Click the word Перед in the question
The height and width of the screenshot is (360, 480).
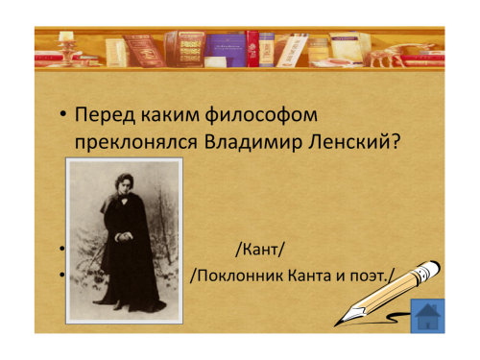pos(105,114)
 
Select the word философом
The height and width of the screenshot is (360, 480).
pos(261,114)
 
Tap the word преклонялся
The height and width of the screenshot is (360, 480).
pos(135,142)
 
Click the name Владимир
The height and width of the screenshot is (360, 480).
pos(253,142)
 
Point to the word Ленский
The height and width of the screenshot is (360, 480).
pos(349,142)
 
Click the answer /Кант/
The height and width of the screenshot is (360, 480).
pos(259,250)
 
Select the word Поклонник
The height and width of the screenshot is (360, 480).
pos(240,276)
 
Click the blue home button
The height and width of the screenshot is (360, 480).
pos(427,316)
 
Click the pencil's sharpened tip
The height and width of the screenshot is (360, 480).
pos(336,324)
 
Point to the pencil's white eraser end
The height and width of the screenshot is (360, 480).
pos(433,267)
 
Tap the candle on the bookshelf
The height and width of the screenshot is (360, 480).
pos(66,36)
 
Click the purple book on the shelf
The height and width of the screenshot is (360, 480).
pos(226,50)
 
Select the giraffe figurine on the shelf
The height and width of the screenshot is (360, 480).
pos(396,53)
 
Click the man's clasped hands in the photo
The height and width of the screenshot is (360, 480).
pos(124,236)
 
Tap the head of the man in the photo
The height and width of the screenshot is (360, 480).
pos(124,184)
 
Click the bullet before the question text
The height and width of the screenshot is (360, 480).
pos(62,115)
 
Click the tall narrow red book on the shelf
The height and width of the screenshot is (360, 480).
pos(252,49)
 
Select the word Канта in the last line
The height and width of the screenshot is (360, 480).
pos(309,276)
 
